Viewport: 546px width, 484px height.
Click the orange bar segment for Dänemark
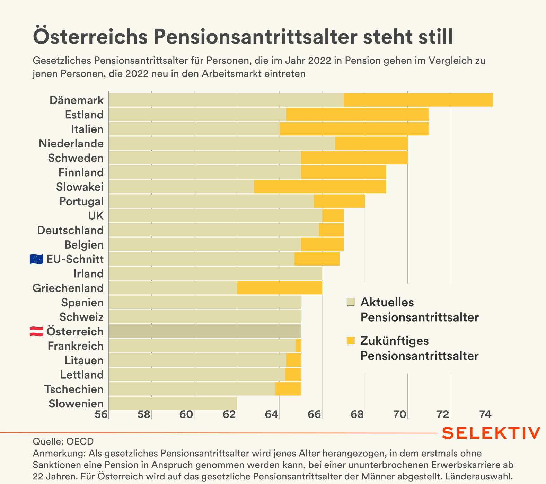(x=418, y=100)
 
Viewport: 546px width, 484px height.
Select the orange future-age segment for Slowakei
(x=320, y=187)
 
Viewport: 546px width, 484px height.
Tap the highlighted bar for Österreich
(x=205, y=331)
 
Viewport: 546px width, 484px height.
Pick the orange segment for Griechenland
(x=279, y=288)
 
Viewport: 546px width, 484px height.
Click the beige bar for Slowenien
(x=173, y=404)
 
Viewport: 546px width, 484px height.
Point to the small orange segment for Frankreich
(x=298, y=346)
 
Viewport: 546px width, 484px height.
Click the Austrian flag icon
(x=36, y=332)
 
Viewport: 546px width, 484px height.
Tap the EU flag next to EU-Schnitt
(x=36, y=259)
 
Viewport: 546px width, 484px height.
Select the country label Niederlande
(x=71, y=144)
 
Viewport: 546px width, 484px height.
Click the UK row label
(x=96, y=216)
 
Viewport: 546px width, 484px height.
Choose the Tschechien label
(x=74, y=389)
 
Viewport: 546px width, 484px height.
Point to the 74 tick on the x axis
(x=485, y=414)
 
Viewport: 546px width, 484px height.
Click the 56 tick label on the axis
(x=102, y=414)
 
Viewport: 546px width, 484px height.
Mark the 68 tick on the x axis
(x=357, y=414)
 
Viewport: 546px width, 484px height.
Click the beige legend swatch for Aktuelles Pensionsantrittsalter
(x=351, y=302)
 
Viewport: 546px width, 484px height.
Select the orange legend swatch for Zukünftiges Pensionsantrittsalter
(x=351, y=341)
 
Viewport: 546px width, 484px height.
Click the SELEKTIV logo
(x=491, y=433)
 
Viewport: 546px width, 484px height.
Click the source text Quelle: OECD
(x=63, y=441)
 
